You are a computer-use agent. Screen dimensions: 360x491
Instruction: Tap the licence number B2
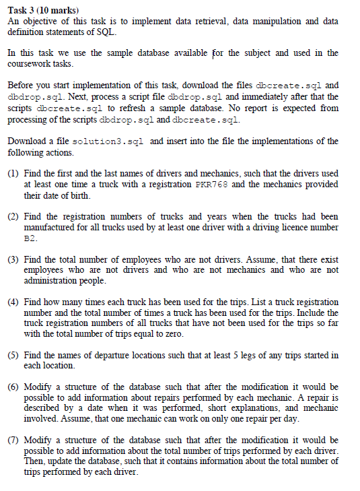coord(30,238)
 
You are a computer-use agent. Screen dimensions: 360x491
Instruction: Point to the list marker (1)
coord(13,173)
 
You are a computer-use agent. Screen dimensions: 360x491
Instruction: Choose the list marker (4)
coord(13,302)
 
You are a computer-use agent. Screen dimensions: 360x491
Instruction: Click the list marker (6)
coord(13,387)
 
